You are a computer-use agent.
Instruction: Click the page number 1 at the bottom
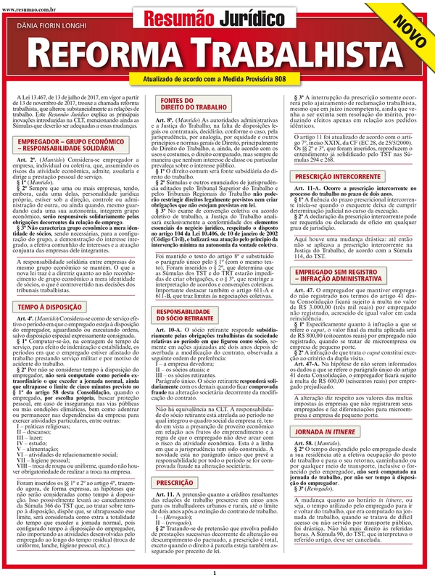[x=215, y=573]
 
